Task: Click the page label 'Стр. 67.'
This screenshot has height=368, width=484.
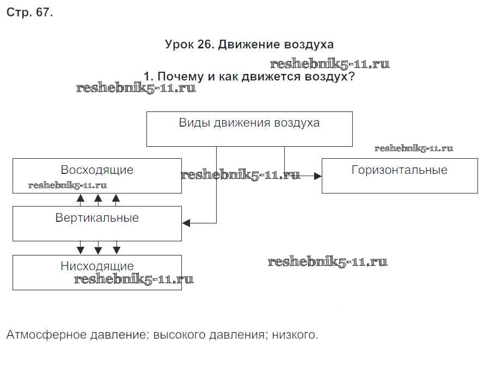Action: click(x=29, y=13)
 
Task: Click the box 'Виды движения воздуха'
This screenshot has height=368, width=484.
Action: click(x=249, y=129)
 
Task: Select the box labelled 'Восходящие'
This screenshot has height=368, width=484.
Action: click(x=97, y=176)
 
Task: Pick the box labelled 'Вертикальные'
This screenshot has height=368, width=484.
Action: click(x=97, y=223)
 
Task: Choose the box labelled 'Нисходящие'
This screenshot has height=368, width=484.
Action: click(x=97, y=272)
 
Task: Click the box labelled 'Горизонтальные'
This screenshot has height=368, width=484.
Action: click(x=399, y=176)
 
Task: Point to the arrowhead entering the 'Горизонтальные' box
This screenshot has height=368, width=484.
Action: click(x=318, y=176)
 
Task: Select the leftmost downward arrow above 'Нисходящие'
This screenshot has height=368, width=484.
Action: click(x=81, y=250)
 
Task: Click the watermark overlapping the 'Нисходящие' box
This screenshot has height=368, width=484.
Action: click(x=134, y=279)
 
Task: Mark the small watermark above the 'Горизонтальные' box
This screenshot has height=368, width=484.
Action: click(x=414, y=148)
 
